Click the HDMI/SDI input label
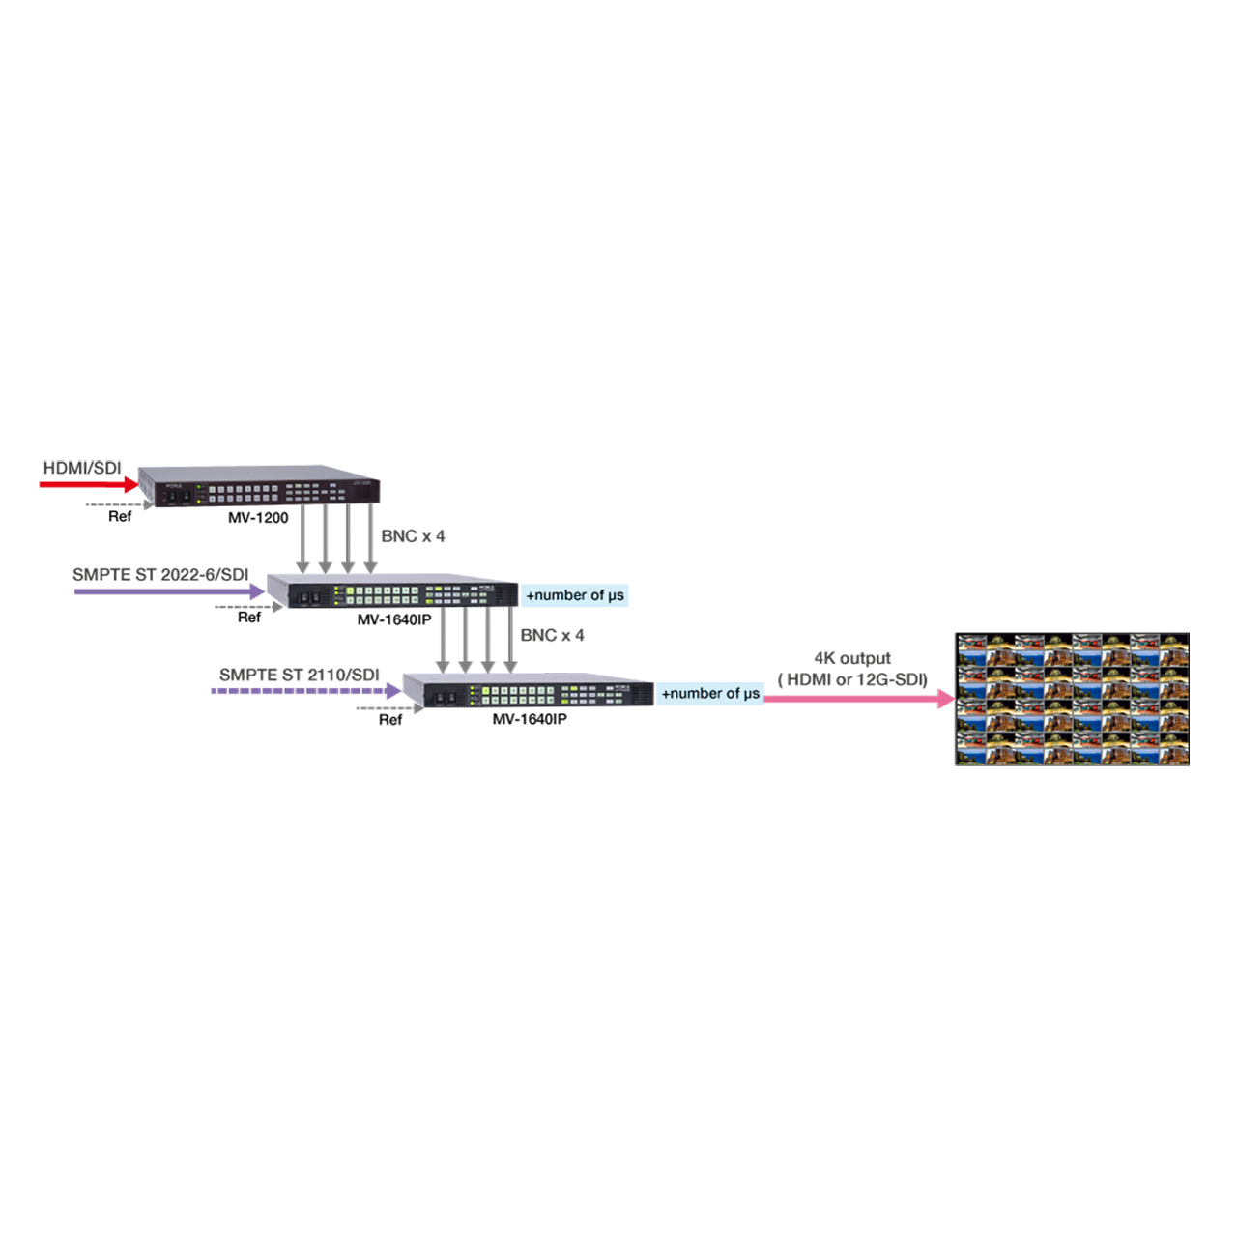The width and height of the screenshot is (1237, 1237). (82, 469)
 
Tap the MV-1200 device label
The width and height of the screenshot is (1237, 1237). (258, 518)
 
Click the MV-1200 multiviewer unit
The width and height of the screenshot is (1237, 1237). (259, 486)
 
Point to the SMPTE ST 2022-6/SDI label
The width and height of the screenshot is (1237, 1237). (160, 575)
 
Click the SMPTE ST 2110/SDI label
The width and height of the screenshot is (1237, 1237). (299, 675)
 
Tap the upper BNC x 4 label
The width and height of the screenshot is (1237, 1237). (413, 536)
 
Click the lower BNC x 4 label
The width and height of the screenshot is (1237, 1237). (552, 636)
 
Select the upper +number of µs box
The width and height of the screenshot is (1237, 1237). (575, 595)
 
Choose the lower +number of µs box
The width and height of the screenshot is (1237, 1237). (710, 694)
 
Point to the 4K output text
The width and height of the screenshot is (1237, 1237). (851, 658)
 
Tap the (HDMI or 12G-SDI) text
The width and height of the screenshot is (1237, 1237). (852, 679)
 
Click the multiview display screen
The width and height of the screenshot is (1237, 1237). (1072, 699)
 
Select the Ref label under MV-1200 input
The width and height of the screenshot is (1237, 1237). (120, 517)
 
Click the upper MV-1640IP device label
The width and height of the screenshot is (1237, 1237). (394, 619)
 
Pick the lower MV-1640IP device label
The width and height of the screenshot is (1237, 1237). (530, 720)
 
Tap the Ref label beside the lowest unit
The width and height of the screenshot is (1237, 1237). (390, 720)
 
